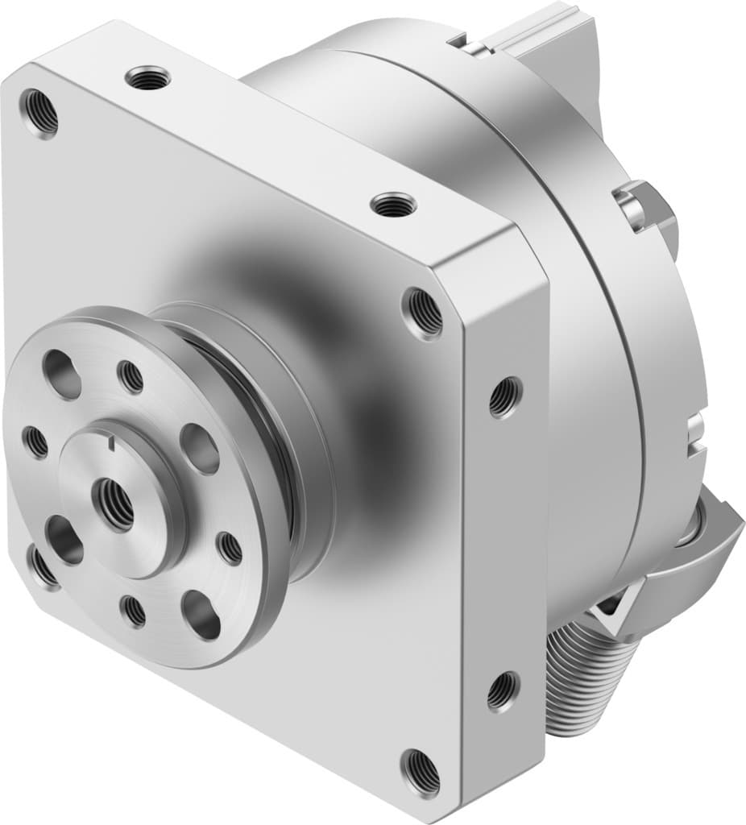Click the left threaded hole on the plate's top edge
(147, 79)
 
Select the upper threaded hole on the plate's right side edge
(504, 396)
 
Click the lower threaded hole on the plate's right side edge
(502, 690)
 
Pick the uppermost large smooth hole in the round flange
(62, 375)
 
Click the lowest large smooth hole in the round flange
(201, 615)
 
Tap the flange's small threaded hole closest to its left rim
(35, 441)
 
